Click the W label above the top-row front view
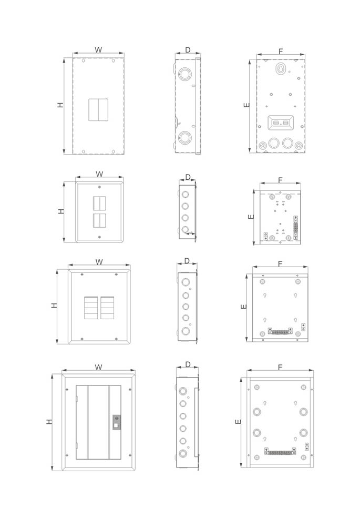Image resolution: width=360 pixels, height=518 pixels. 98,50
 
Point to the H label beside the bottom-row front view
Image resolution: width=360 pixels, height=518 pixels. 49,422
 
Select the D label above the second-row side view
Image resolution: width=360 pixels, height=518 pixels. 188,177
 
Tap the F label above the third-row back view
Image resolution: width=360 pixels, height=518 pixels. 280,263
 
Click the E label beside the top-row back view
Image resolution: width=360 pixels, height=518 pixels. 247,105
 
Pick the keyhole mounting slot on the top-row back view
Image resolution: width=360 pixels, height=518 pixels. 280,69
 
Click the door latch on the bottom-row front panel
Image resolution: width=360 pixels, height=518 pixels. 117,422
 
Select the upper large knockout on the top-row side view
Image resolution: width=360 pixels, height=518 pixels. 185,74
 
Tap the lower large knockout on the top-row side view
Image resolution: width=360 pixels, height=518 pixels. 185,137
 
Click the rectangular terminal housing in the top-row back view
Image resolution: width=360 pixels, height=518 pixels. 281,123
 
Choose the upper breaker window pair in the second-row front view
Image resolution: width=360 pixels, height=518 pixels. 99,204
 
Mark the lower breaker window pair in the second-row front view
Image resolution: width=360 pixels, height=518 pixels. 99,220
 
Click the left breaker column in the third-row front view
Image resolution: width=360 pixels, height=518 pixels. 91,308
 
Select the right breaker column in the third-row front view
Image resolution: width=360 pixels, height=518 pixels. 107,308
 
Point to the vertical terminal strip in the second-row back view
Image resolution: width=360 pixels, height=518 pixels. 295,227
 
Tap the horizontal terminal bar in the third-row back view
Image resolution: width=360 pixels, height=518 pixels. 280,331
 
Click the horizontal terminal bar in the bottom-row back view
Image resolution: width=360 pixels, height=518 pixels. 280,451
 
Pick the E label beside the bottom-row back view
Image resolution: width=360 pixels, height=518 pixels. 238,422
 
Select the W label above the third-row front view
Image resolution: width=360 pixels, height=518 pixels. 99,262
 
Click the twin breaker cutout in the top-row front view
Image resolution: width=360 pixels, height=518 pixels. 98,110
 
